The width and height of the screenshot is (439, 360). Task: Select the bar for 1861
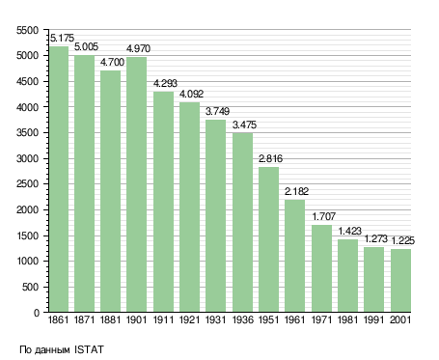pos(59,180)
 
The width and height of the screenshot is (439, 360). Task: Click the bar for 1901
pos(137,184)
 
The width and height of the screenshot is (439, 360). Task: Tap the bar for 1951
pos(269,239)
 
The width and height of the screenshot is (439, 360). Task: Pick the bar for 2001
pos(401,281)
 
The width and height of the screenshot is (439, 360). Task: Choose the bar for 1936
pos(243,223)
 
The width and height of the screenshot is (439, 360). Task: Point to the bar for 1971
pos(321,268)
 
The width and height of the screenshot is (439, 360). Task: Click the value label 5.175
pos(62,38)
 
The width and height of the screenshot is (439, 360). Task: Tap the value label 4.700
pos(112,62)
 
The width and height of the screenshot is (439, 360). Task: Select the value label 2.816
pos(270,158)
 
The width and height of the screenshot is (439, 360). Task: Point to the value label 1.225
pos(402,240)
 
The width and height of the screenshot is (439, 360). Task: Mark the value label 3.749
pos(217,111)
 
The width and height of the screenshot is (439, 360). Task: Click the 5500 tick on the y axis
pos(27,30)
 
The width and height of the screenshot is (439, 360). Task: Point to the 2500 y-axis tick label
pos(27,184)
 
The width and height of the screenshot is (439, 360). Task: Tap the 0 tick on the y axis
pos(37,313)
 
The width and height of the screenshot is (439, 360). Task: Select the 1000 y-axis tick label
pos(27,262)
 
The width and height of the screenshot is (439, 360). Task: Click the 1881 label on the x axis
pos(110,320)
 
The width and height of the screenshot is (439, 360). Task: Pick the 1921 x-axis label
pos(189,320)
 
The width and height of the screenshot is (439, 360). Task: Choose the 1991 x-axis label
pos(374,320)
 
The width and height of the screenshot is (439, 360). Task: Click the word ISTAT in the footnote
pos(89,349)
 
